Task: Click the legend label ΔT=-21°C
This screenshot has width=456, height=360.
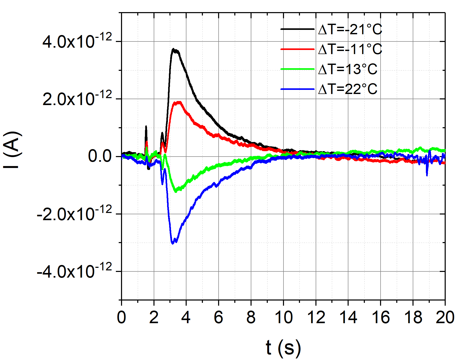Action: pyautogui.click(x=350, y=29)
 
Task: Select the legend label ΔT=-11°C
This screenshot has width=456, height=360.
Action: pyautogui.click(x=350, y=49)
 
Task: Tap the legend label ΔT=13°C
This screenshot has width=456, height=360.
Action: pyautogui.click(x=348, y=69)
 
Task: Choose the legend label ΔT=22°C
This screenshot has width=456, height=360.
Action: pyautogui.click(x=348, y=89)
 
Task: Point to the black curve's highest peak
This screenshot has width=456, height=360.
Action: pyautogui.click(x=174, y=49)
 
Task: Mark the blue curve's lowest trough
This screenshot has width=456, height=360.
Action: pyautogui.click(x=173, y=243)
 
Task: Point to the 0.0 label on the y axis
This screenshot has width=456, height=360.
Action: pyautogui.click(x=100, y=156)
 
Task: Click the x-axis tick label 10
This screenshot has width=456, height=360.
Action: pyautogui.click(x=283, y=317)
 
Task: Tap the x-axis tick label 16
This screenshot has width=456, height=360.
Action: pyautogui.click(x=381, y=317)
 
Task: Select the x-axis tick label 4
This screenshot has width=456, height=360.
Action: pyautogui.click(x=186, y=317)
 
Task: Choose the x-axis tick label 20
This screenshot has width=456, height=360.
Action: pyautogui.click(x=445, y=317)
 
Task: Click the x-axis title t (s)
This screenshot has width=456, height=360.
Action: pyautogui.click(x=283, y=348)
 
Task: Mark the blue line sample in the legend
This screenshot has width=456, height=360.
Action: pyautogui.click(x=297, y=89)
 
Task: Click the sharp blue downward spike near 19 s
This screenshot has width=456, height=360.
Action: pyautogui.click(x=427, y=175)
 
